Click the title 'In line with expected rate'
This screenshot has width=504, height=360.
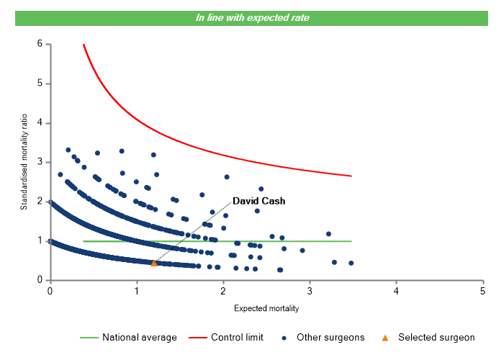pyautogui.click(x=252, y=17)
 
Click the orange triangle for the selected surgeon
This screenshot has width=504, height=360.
pyautogui.click(x=154, y=264)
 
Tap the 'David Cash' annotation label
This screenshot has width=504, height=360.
pyautogui.click(x=258, y=202)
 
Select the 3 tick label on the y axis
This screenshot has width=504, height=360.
pyautogui.click(x=39, y=162)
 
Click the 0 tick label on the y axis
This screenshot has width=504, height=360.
pyautogui.click(x=39, y=280)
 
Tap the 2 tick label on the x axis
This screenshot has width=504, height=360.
pyautogui.click(x=223, y=290)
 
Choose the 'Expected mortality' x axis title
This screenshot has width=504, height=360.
pyautogui.click(x=266, y=309)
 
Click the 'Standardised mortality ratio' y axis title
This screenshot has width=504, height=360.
pyautogui.click(x=24, y=161)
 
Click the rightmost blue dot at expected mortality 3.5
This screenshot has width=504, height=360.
pyautogui.click(x=351, y=263)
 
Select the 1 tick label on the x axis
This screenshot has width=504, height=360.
pyautogui.click(x=137, y=290)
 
